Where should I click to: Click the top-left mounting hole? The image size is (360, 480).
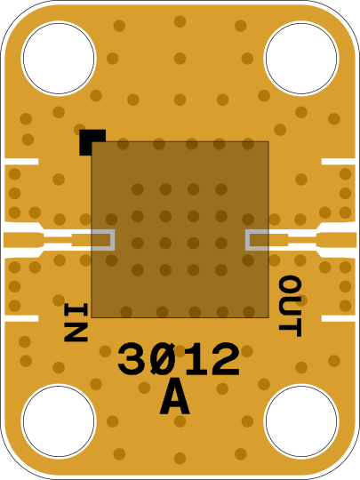[59, 58]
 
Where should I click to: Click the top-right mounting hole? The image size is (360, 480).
[301, 58]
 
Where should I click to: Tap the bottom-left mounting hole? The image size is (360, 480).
[59, 421]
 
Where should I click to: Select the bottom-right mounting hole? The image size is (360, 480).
[301, 421]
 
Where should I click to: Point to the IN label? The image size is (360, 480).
[76, 323]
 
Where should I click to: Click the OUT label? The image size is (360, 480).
[290, 306]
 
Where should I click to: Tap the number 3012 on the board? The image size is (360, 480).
[178, 359]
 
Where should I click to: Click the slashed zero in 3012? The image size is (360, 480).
[164, 359]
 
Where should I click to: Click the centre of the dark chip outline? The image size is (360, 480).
[180, 229]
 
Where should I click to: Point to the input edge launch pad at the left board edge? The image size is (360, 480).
[23, 240]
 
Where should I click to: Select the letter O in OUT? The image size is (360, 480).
[290, 284]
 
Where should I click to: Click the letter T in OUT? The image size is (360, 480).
[290, 328]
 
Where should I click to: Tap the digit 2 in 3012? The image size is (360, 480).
[226, 359]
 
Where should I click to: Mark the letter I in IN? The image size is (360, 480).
[76, 312]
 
